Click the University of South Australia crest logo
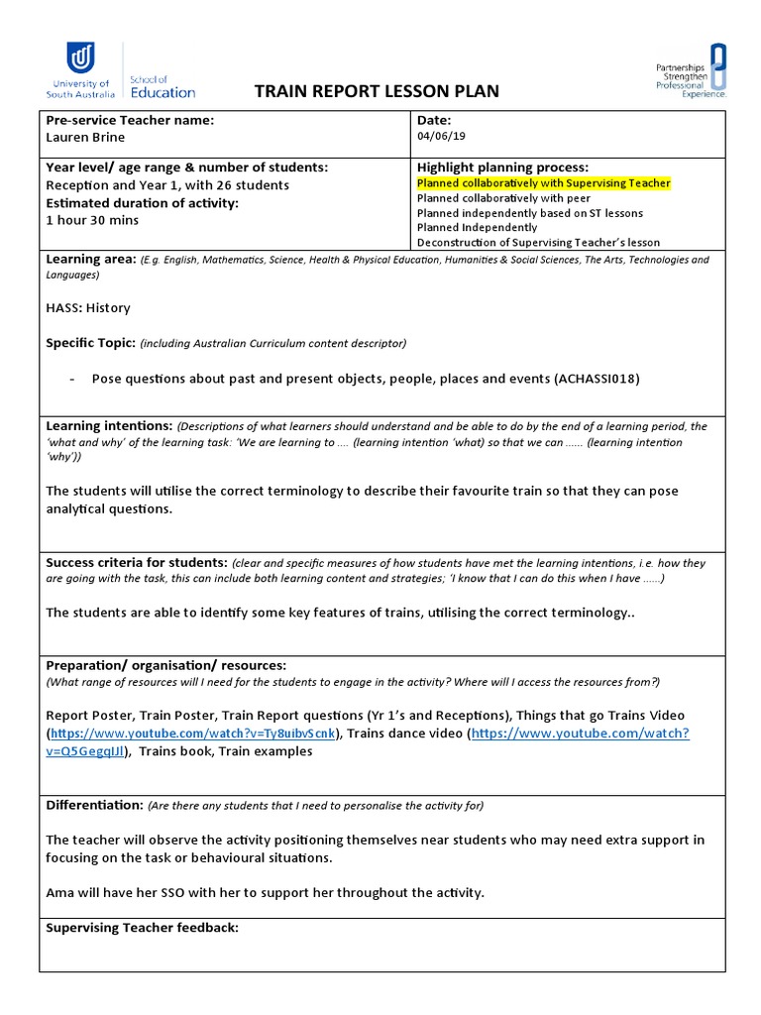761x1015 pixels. click(80, 56)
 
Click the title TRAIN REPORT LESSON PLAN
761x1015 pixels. click(378, 92)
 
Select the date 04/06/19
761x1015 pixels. click(440, 137)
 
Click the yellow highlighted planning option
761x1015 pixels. click(543, 183)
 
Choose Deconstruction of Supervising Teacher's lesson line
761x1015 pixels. click(538, 243)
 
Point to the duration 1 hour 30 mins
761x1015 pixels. click(92, 220)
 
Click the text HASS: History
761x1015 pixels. click(88, 308)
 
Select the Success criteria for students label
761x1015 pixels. click(137, 562)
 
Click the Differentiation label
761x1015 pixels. click(95, 805)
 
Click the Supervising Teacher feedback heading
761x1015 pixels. click(142, 928)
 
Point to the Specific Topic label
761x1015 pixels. click(90, 343)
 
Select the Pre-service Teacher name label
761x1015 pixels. click(130, 120)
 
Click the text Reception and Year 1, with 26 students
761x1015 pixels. click(167, 185)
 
